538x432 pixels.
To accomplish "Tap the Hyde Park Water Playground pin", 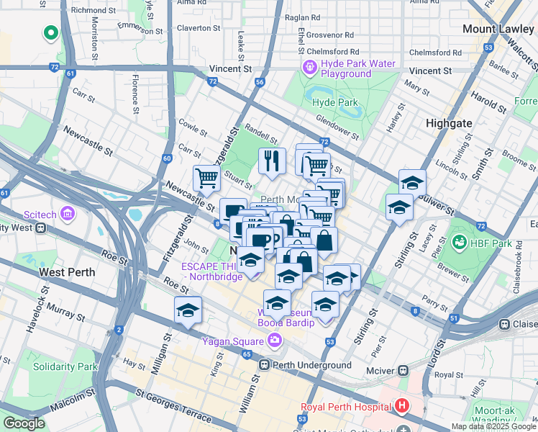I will pyautogui.click(x=310, y=68).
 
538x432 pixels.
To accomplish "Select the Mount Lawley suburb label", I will pyautogui.click(x=498, y=29).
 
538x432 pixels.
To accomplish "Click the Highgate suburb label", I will pyautogui.click(x=449, y=123).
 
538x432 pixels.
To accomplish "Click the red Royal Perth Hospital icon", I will pyautogui.click(x=401, y=405).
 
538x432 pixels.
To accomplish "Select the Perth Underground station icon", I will pyautogui.click(x=264, y=365).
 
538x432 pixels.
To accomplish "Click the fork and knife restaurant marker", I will pyautogui.click(x=272, y=161).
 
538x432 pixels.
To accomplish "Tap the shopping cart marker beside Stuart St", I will pyautogui.click(x=206, y=178).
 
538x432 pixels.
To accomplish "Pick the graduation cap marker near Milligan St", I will pyautogui.click(x=188, y=310).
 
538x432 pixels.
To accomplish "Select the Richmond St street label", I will pyautogui.click(x=88, y=10).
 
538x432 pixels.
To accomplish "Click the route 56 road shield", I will pyautogui.click(x=259, y=82).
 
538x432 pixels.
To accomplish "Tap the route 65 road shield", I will pyautogui.click(x=247, y=354).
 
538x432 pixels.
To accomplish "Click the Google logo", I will pyautogui.click(x=23, y=423).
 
